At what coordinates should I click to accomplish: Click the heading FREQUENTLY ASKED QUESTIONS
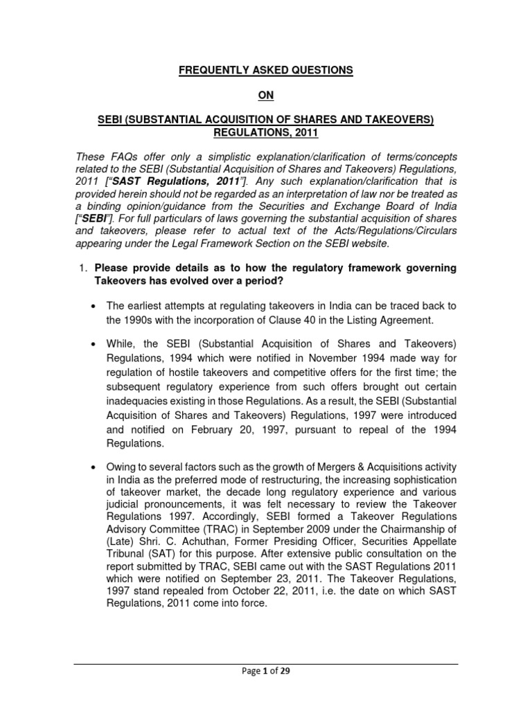click(x=265, y=70)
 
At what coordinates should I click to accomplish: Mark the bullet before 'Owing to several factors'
click(x=93, y=467)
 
